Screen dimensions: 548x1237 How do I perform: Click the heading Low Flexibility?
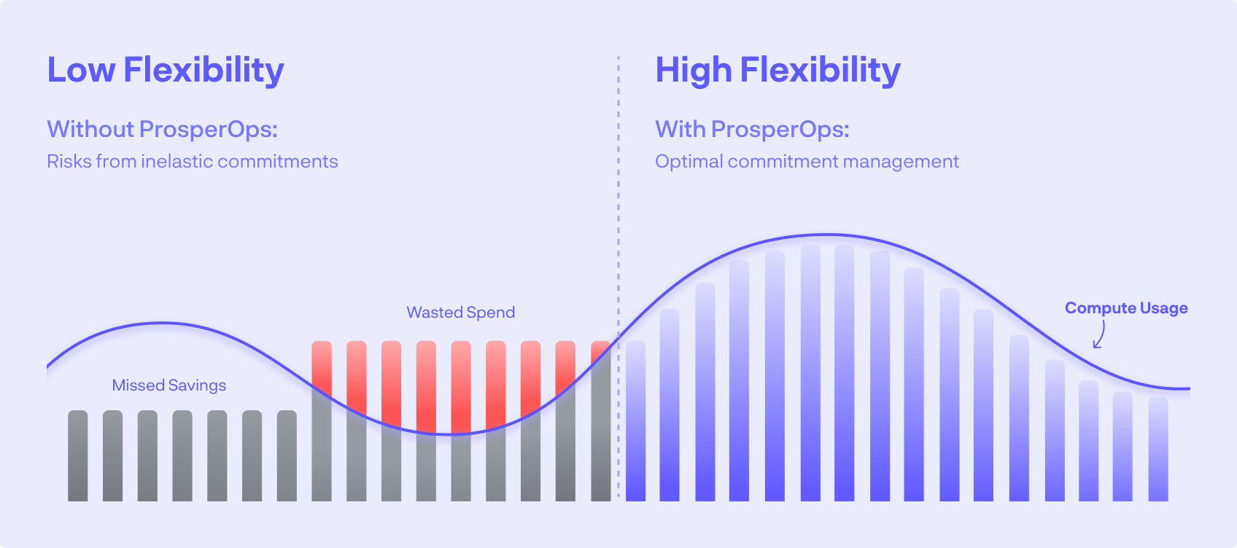pos(166,70)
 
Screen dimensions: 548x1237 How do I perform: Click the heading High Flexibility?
pos(778,70)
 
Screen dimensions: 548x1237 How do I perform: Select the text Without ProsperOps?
pos(162,129)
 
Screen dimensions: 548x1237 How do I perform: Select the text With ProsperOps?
pos(752,129)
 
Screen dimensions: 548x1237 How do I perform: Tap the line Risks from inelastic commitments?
pos(192,161)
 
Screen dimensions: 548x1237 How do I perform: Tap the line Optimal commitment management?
pos(807,161)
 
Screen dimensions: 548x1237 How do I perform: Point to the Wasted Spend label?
pos(460,313)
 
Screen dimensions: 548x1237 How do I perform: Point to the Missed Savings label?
pos(168,385)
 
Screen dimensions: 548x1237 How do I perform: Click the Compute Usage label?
pos(1125,308)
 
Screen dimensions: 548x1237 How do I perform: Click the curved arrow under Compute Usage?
pos(1099,336)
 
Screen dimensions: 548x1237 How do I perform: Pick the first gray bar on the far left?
pos(78,456)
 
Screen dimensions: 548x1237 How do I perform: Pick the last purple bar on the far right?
pos(1158,449)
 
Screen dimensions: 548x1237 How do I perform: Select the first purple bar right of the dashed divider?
pos(635,421)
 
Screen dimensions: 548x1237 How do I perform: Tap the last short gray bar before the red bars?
pos(287,456)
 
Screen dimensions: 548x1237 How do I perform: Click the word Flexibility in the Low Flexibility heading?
pos(203,70)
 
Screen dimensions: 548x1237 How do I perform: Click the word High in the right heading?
pos(693,70)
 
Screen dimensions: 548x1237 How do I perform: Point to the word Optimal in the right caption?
pos(688,161)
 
